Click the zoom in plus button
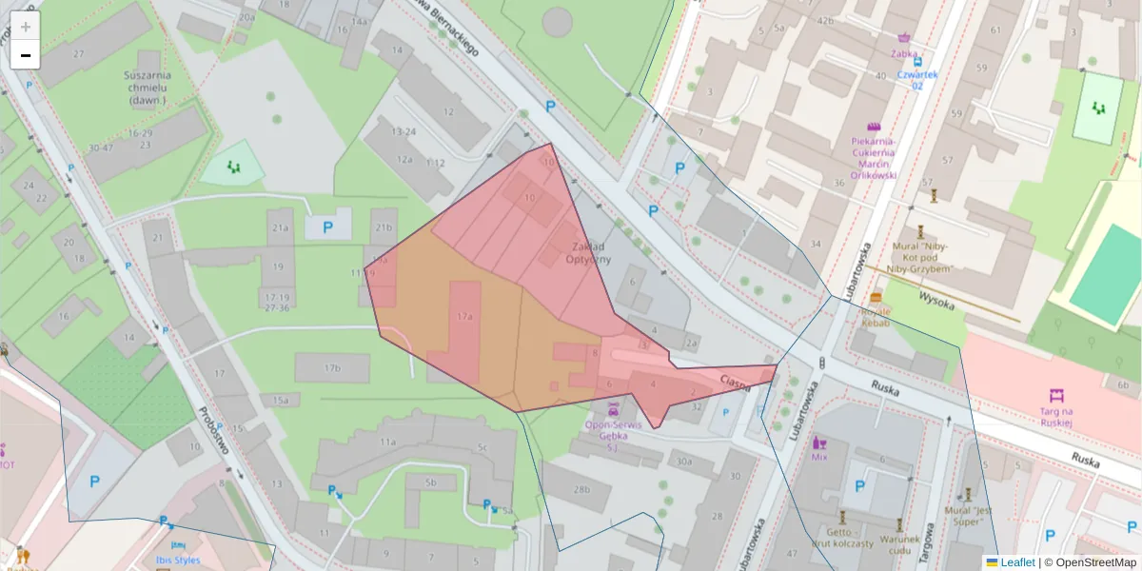(26, 27)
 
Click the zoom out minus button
(26, 55)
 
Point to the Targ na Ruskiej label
(1055, 416)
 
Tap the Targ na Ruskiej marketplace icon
(1055, 395)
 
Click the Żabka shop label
(905, 54)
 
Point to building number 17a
(464, 315)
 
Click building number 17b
(331, 367)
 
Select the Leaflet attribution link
(1017, 562)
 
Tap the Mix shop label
(819, 456)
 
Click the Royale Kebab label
(876, 318)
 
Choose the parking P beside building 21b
(328, 227)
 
